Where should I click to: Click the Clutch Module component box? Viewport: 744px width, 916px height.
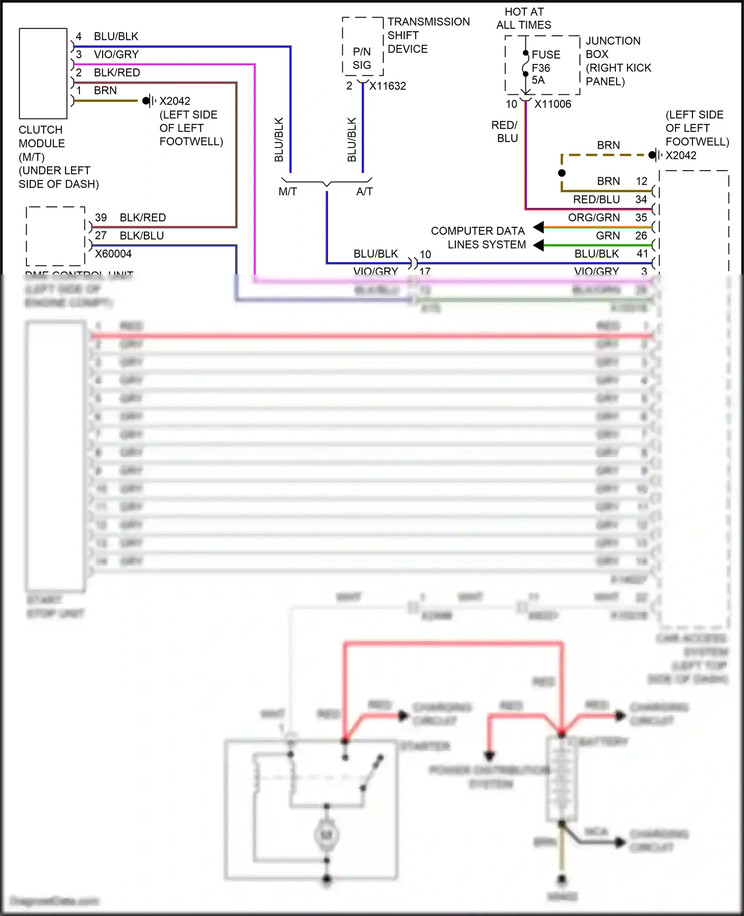[43, 73]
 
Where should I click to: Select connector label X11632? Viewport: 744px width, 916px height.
[387, 86]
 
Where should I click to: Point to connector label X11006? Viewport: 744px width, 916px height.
[553, 104]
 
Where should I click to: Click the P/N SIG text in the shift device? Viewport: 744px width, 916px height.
[362, 58]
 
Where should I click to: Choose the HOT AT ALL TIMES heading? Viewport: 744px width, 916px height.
[524, 18]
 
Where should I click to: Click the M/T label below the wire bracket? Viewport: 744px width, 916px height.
[288, 192]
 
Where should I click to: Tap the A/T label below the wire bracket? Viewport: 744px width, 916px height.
[364, 192]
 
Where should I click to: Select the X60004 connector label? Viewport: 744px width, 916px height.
[113, 254]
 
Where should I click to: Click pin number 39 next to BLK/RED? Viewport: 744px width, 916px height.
[101, 217]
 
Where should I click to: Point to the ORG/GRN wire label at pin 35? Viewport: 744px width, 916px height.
[594, 217]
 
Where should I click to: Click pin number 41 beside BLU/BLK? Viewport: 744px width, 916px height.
[642, 254]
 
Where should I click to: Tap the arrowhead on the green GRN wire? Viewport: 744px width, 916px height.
[539, 245]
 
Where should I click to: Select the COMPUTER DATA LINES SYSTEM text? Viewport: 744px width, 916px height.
[478, 238]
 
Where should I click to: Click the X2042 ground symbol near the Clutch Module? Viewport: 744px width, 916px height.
[148, 101]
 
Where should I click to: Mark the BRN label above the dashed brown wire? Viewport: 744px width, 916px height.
[608, 145]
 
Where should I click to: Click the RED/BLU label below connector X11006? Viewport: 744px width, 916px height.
[504, 131]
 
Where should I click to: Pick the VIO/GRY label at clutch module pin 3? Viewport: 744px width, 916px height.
[116, 55]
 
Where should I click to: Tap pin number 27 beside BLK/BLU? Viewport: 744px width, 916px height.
[101, 235]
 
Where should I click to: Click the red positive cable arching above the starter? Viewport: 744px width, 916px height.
[453, 644]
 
